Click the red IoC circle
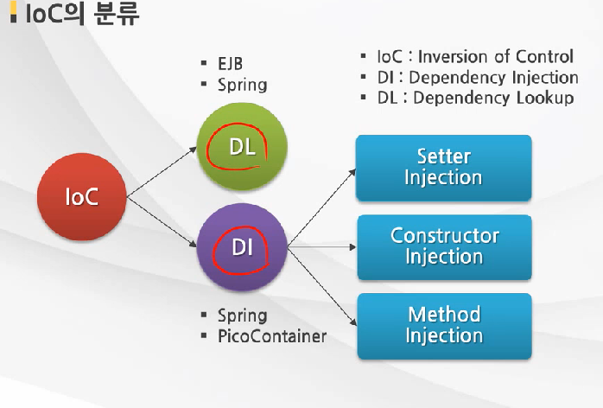82,197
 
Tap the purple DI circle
241,248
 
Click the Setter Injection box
443,168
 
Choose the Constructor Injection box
443,246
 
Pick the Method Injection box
443,325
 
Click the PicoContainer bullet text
271,336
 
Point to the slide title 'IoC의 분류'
82,16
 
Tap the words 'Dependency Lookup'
493,98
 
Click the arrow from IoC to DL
162,172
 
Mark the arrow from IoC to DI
162,223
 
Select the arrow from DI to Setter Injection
321,208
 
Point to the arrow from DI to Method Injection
321,289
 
